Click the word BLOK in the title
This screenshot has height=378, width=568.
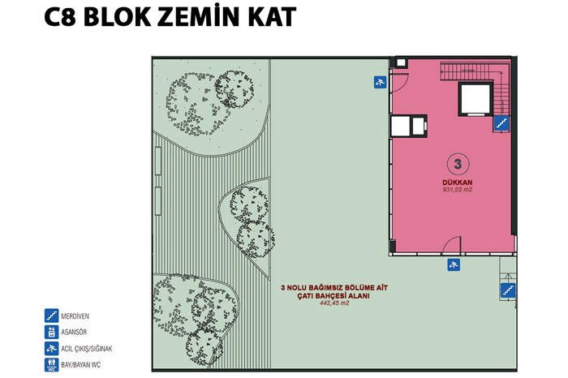[117, 17]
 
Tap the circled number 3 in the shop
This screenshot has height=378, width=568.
[458, 164]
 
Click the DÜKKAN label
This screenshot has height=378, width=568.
[457, 183]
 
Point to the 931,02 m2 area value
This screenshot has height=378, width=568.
[457, 190]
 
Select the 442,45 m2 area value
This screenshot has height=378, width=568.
[334, 303]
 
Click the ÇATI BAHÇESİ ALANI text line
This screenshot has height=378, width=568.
[333, 295]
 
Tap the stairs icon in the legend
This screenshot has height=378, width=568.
[51, 316]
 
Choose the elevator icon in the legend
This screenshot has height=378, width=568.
[51, 332]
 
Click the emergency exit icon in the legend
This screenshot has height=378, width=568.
[51, 349]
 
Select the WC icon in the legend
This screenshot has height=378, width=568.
[51, 365]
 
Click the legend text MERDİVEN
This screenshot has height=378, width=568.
[75, 316]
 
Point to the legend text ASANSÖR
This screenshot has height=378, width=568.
[74, 332]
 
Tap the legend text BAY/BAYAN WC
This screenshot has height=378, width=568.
[81, 365]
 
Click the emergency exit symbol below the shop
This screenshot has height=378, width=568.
[454, 264]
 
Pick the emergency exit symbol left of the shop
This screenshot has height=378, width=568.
[380, 82]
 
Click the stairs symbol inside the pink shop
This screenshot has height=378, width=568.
[501, 123]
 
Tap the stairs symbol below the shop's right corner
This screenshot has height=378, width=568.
[508, 290]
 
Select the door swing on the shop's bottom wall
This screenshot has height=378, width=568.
[452, 245]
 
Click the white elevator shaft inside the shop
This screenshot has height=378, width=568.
[476, 99]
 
